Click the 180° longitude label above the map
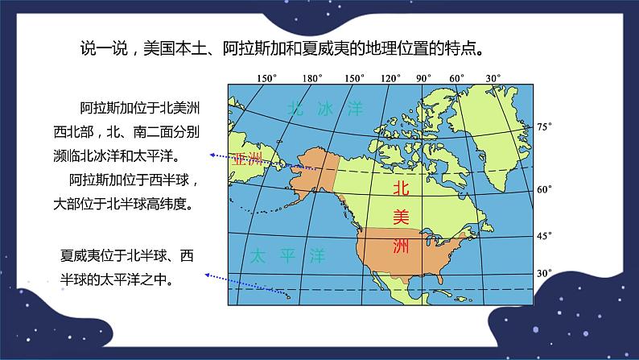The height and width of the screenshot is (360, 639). pyautogui.click(x=311, y=78)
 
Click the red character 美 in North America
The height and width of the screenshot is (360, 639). pyautogui.click(x=400, y=217)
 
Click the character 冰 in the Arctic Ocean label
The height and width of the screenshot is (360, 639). pyautogui.click(x=325, y=107)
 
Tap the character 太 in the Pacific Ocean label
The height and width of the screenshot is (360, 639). pyautogui.click(x=257, y=257)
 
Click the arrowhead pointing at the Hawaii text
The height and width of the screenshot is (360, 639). pyautogui.click(x=207, y=275)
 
